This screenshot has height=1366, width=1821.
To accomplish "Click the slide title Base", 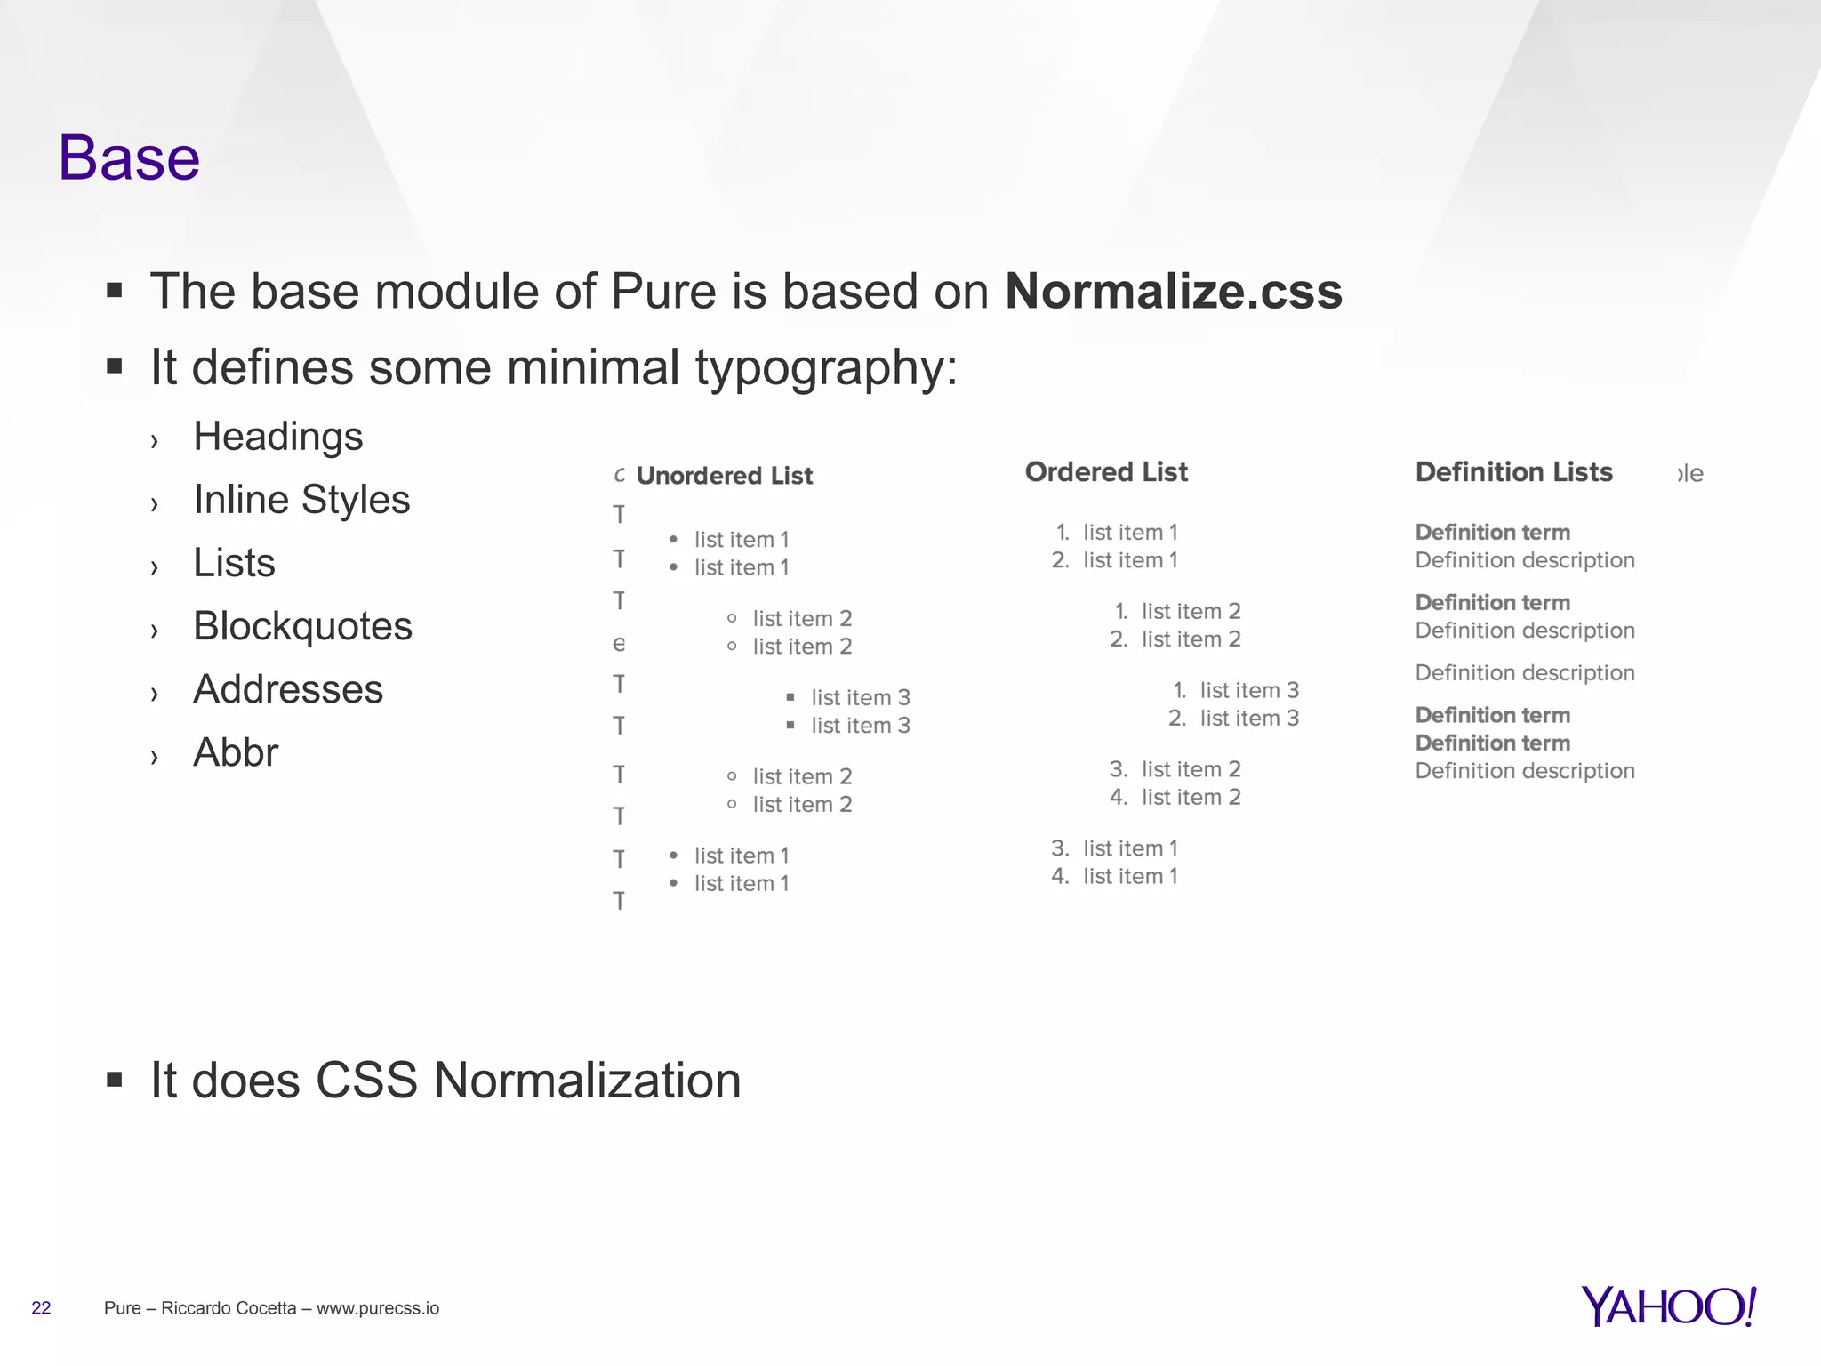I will [x=129, y=158].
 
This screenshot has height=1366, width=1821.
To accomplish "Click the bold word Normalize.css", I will [x=1173, y=292].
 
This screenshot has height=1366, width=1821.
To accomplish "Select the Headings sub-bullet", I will [x=277, y=437].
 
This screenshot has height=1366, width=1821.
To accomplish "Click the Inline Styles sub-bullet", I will [x=301, y=500].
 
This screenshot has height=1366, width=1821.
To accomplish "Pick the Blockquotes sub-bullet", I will [x=302, y=626].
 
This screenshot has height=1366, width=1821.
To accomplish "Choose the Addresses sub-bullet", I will [x=288, y=689].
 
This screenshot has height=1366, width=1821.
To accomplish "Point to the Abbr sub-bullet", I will [x=236, y=752].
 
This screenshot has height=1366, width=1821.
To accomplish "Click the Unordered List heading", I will [x=724, y=476].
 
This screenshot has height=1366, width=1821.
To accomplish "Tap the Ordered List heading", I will [x=1105, y=472].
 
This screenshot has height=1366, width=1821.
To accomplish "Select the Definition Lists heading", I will [x=1513, y=472].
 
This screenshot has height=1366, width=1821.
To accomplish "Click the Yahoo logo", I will [x=1668, y=1306].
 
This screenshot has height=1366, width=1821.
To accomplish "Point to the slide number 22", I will [x=41, y=1308].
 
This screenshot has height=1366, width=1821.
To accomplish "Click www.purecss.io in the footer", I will [x=377, y=1308].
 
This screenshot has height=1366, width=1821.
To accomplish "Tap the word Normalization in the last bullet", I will [x=587, y=1081].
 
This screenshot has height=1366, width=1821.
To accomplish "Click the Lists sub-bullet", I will [x=234, y=563].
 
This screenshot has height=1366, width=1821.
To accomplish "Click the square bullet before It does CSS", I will [x=114, y=1080].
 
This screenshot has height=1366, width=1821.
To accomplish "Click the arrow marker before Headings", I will [x=155, y=440].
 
